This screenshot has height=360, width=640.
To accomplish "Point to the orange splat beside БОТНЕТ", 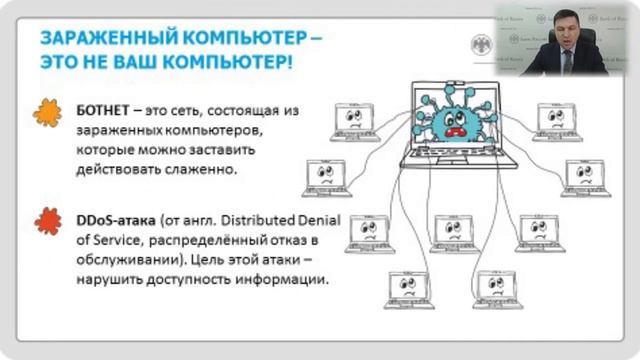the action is click(47, 114).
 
